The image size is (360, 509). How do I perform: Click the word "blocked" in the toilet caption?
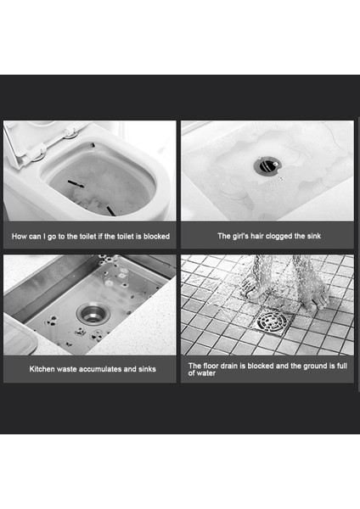(156, 237)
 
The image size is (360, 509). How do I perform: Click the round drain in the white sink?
(267, 165)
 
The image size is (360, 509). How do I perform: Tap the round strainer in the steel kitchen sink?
(93, 313)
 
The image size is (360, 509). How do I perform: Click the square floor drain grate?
(271, 322)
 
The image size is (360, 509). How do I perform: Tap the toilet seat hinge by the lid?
(70, 132)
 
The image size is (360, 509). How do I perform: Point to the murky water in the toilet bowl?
(101, 182)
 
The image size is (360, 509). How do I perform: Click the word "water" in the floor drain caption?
(205, 373)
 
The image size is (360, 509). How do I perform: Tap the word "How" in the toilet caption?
(20, 237)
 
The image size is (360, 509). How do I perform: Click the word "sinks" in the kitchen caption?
(147, 369)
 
